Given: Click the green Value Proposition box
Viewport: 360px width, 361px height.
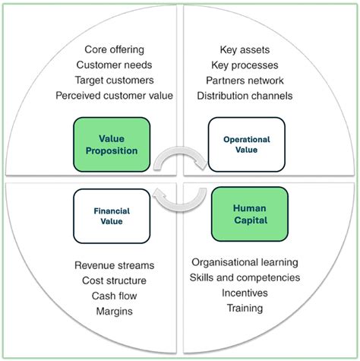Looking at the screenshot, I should pos(117,144).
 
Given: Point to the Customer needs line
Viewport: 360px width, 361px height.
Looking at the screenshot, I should pos(115,65).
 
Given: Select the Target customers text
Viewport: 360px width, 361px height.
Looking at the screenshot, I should pos(115,80).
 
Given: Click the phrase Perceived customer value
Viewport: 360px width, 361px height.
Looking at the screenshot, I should pos(115,96).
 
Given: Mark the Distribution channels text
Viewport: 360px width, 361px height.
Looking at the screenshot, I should pos(245,96).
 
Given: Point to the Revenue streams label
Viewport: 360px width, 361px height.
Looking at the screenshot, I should pos(115,265).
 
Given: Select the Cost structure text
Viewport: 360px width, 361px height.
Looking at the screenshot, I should pos(115,280).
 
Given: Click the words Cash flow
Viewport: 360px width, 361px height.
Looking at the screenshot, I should pos(115,296).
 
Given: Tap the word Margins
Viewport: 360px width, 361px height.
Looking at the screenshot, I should pos(115,311).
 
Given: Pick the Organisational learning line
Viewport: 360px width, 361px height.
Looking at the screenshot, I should pos(245,261).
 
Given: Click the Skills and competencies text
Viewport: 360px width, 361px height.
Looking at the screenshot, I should pos(245,277).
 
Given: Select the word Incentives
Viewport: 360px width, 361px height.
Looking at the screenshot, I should pos(245,293).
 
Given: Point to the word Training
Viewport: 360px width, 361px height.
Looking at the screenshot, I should pos(245,308).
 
